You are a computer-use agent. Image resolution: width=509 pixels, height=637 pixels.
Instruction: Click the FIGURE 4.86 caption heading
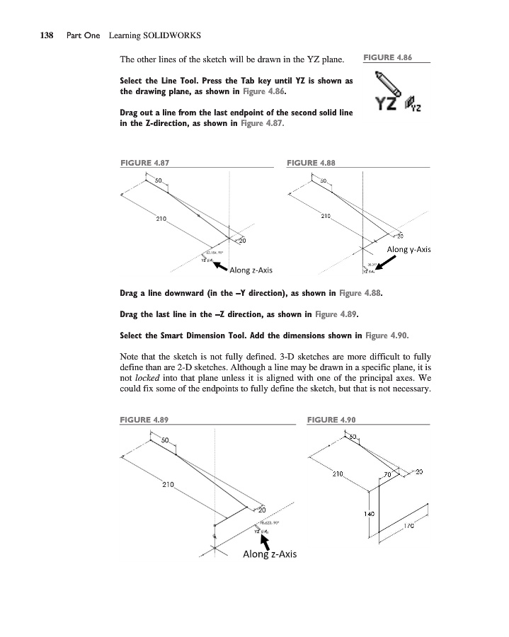coord(387,56)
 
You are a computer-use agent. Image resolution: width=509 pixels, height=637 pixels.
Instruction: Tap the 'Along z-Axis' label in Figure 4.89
coord(270,553)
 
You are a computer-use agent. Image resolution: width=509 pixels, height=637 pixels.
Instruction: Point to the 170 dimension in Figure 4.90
coord(408,526)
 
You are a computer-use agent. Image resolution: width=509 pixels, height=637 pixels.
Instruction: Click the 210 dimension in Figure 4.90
coord(338,473)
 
